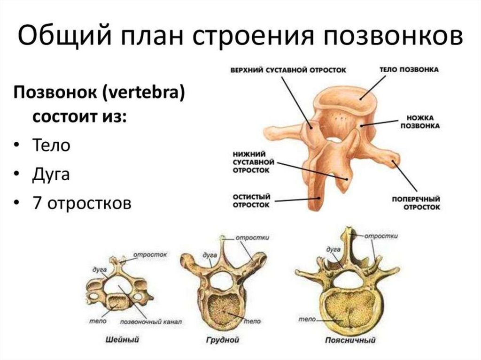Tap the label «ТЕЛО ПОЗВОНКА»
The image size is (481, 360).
[409, 69]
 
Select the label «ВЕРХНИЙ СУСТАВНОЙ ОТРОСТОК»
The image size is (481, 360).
[288, 69]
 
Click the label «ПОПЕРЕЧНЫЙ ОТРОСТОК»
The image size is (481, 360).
[416, 202]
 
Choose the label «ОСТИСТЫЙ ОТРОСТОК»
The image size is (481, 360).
[251, 201]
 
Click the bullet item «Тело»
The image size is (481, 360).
[51, 145]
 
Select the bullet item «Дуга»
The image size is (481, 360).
[51, 174]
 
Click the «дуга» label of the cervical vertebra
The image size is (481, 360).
[100, 270]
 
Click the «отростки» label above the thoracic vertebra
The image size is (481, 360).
[252, 237]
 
